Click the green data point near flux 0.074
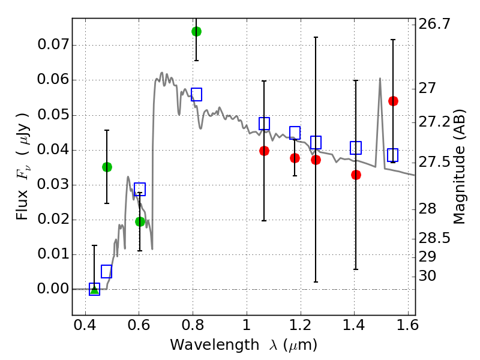(x=196, y=31)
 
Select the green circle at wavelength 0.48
(x=107, y=167)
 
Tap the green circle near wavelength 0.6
(x=140, y=221)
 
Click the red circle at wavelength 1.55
(x=393, y=101)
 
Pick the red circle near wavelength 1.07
(x=264, y=151)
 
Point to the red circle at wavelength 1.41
(x=356, y=175)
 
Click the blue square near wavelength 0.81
(x=196, y=94)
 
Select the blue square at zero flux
(x=94, y=289)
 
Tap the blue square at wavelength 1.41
(x=356, y=148)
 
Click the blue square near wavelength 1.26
(x=316, y=142)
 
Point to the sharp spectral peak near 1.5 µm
(x=380, y=79)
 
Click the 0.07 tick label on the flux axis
(x=52, y=45)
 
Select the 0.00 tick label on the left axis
(x=52, y=289)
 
